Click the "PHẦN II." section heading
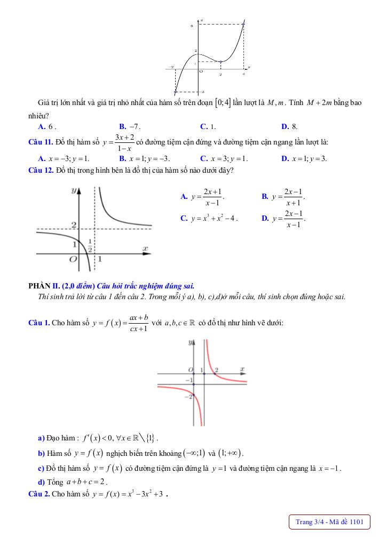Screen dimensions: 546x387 pyautogui.click(x=44, y=286)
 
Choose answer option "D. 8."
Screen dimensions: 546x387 pyautogui.click(x=289, y=127)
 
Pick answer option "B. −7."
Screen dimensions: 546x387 pyautogui.click(x=129, y=127)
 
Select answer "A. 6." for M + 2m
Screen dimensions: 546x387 pyautogui.click(x=47, y=127)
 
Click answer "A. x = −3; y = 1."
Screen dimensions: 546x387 pyautogui.click(x=64, y=158)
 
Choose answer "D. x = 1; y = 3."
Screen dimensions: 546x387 pyautogui.click(x=304, y=158)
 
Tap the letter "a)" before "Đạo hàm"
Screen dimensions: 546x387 pyautogui.click(x=41, y=438)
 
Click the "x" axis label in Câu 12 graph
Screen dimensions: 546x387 pyautogui.click(x=145, y=248)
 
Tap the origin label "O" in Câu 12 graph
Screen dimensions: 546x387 pyautogui.click(x=73, y=259)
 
